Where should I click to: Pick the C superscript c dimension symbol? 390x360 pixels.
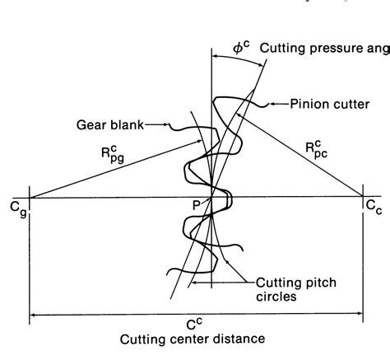click(x=194, y=322)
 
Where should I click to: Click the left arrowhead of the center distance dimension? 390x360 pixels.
click(x=35, y=314)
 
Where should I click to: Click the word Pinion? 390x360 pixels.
click(x=309, y=105)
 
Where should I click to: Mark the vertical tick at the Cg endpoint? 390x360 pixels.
click(x=30, y=198)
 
